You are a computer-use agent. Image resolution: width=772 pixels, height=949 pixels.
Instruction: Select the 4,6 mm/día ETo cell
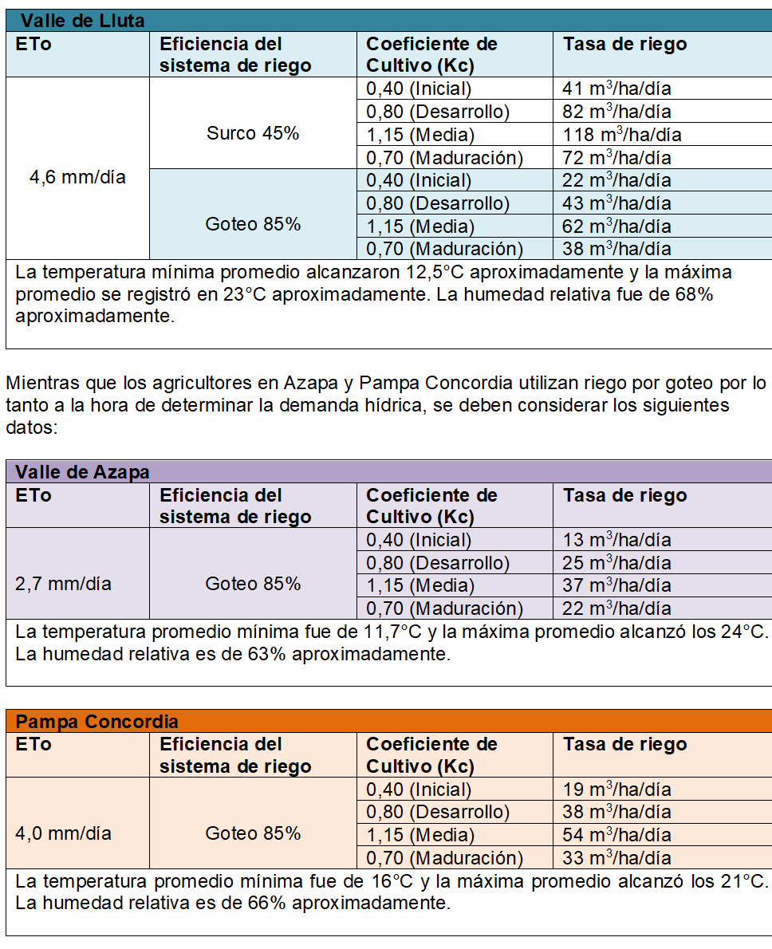coord(77,177)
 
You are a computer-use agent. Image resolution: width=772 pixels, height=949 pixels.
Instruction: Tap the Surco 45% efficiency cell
coord(253,133)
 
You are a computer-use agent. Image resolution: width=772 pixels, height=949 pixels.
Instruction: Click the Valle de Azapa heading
coord(82,472)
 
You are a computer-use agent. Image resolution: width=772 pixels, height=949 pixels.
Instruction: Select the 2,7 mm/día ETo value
coord(63,584)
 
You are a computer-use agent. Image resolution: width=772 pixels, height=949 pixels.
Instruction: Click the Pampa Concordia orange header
coord(96,722)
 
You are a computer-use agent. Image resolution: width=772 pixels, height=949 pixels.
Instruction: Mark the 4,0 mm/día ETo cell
coord(63,833)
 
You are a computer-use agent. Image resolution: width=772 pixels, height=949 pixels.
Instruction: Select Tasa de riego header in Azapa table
coord(624,495)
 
